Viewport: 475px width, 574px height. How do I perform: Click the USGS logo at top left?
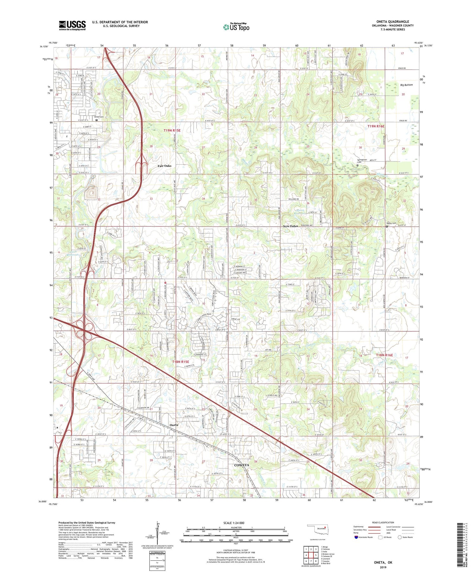72,25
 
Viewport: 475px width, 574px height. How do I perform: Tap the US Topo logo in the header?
236,27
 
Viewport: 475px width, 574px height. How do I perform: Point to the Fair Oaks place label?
164,166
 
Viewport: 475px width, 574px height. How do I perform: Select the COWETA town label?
241,465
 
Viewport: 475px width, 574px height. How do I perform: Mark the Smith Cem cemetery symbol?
97,120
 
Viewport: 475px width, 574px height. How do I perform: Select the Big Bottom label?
406,85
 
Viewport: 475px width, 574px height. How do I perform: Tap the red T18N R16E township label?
384,355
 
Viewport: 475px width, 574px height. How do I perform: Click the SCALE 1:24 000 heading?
234,523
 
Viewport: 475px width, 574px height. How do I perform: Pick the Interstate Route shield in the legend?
356,537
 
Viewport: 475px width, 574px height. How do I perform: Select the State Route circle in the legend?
400,537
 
